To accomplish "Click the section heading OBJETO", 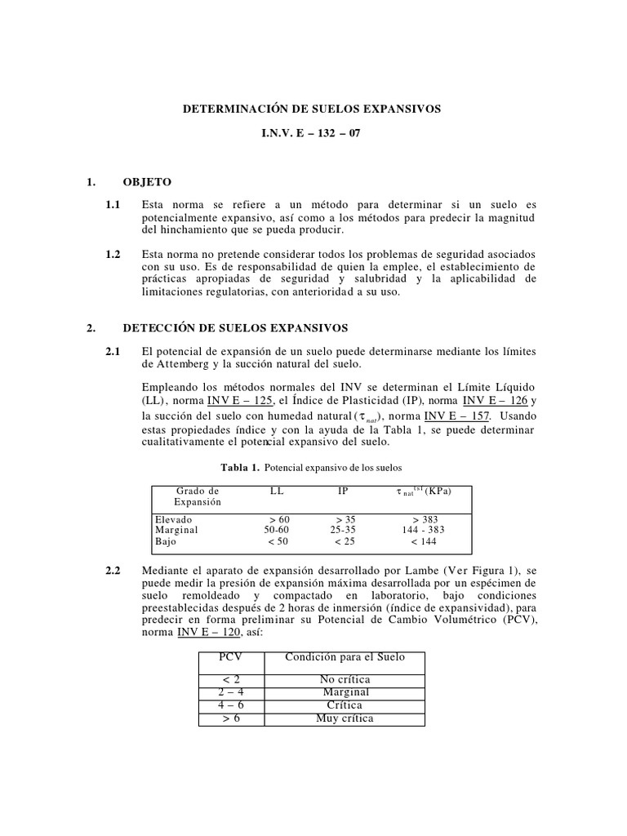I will point(147,181).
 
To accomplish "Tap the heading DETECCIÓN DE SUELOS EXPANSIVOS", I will point(235,328).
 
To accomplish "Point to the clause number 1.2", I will point(113,255).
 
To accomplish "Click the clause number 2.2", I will point(113,568).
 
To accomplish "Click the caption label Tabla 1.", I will point(240,468).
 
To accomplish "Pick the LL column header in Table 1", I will point(277,491).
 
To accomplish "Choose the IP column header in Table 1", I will point(344,491).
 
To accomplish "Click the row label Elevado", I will point(172,518).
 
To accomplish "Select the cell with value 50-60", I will point(277,529).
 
